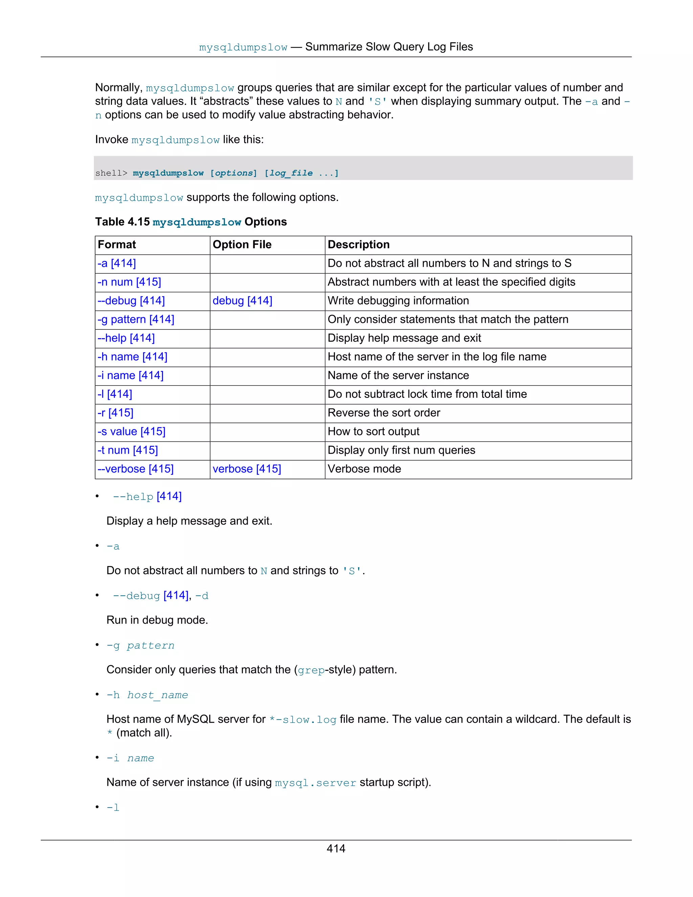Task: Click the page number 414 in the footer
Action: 336,849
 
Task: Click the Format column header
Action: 117,245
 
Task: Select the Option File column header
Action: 242,245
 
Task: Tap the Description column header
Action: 358,245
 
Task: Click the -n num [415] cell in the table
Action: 129,282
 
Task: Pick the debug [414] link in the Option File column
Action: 242,301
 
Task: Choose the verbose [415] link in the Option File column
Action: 247,469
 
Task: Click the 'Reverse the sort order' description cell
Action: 383,413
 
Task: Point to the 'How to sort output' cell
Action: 373,432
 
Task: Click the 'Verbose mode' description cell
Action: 364,469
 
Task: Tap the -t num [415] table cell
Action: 128,450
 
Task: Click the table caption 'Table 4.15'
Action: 122,222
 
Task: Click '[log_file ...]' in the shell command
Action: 301,173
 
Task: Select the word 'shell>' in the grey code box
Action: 111,173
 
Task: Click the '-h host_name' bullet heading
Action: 147,695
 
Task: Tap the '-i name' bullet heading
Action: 130,758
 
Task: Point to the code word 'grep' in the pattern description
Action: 311,670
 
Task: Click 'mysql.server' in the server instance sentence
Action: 315,783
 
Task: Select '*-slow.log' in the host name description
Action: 303,720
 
